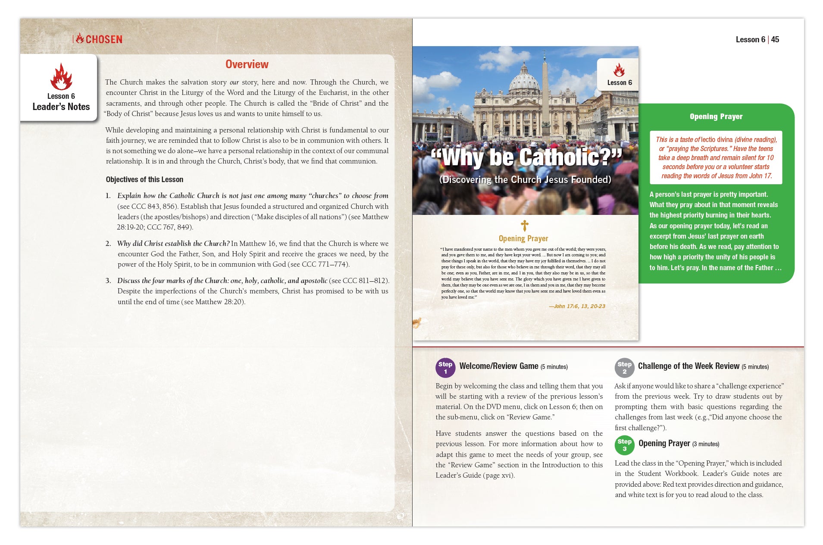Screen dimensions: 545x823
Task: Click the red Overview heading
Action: (247, 64)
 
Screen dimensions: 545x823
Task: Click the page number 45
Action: (775, 40)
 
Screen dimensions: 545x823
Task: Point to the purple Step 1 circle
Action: (445, 368)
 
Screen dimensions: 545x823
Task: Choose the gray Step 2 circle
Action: (624, 368)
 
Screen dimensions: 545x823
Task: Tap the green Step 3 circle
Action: (624, 445)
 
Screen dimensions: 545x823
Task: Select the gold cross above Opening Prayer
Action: (524, 225)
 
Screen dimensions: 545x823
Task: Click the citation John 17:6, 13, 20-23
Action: (577, 306)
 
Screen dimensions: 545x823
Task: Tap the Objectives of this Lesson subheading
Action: (144, 180)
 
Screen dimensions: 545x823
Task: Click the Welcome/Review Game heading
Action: (498, 366)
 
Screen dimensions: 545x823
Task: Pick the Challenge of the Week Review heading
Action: (688, 366)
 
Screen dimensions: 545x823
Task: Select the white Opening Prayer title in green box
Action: (716, 117)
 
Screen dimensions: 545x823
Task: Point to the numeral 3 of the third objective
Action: (108, 281)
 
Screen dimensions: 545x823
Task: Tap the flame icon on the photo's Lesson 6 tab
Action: (619, 70)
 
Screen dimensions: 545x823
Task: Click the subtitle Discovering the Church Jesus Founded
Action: (525, 180)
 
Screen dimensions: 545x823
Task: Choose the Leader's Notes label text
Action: (61, 107)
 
